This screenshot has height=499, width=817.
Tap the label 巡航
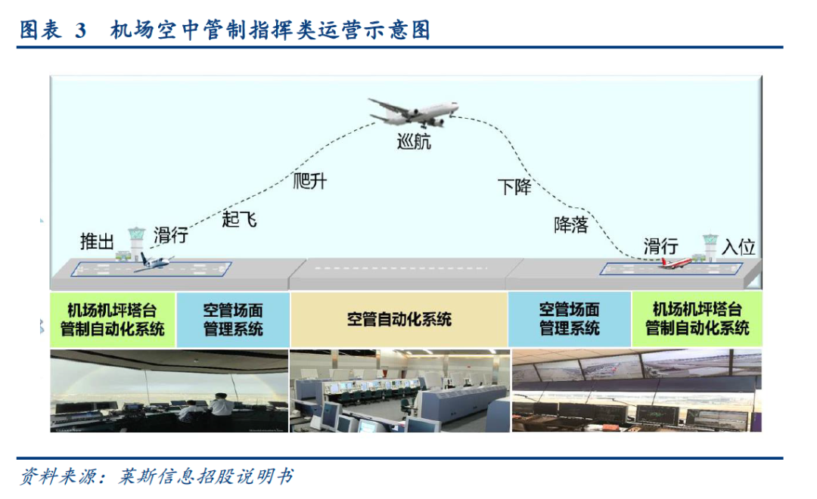[414, 141]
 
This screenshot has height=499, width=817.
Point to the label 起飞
[239, 219]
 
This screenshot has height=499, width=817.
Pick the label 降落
[570, 225]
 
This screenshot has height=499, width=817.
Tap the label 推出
[98, 241]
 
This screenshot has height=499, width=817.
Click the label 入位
[738, 246]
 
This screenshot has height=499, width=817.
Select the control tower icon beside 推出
[135, 242]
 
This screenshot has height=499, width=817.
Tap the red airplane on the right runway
[673, 263]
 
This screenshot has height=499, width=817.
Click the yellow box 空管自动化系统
[399, 319]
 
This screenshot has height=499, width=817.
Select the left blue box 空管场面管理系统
[233, 319]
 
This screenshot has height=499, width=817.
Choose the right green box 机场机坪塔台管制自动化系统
[697, 319]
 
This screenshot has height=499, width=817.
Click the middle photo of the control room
[399, 390]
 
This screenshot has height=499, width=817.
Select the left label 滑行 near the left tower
[170, 235]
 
